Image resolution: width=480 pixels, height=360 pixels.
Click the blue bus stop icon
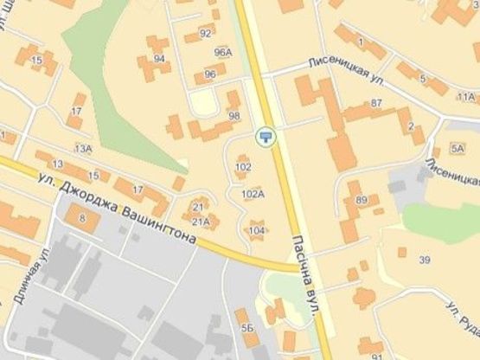pyautogui.click(x=265, y=134)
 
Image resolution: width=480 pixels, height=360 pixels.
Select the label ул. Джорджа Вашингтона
pyautogui.click(x=121, y=199)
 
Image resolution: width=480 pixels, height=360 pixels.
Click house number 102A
pyautogui.click(x=253, y=195)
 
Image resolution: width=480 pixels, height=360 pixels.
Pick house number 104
pyautogui.click(x=257, y=230)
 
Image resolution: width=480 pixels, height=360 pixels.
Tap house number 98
pyautogui.click(x=234, y=115)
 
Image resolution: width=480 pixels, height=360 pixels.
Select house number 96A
pyautogui.click(x=223, y=53)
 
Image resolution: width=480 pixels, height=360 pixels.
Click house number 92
pyautogui.click(x=205, y=34)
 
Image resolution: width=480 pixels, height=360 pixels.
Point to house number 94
pyautogui.click(x=159, y=59)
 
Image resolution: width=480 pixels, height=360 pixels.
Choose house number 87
pyautogui.click(x=375, y=104)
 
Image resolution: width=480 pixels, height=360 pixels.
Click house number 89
pyautogui.click(x=361, y=201)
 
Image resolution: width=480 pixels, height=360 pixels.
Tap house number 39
pyautogui.click(x=424, y=260)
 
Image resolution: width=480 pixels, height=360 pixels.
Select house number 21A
pyautogui.click(x=201, y=222)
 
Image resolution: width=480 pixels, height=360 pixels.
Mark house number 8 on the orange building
pyautogui.click(x=82, y=219)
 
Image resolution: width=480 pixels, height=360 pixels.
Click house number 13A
pyautogui.click(x=83, y=149)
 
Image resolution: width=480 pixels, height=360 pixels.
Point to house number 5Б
pyautogui.click(x=247, y=329)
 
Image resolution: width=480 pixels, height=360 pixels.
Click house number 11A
pyautogui.click(x=466, y=97)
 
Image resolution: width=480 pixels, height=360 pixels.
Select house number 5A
pyautogui.click(x=458, y=148)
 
